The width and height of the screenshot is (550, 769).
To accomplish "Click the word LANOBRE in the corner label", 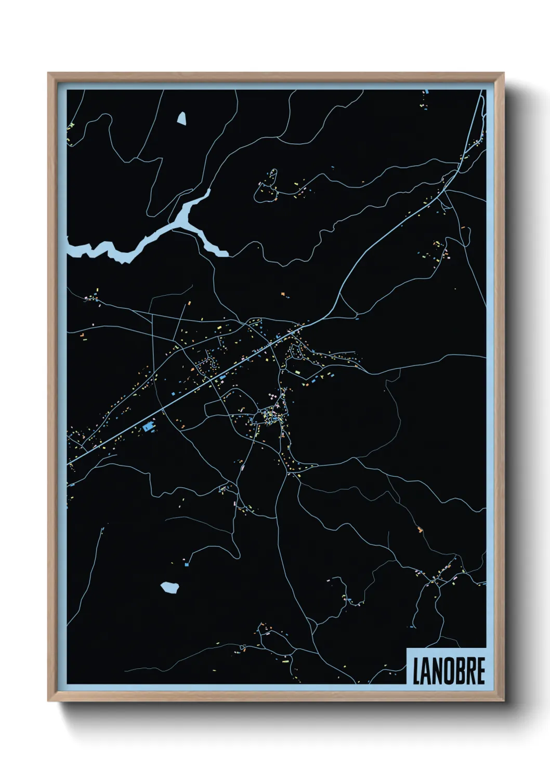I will (449, 671).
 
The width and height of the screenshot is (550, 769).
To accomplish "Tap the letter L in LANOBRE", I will (416, 671).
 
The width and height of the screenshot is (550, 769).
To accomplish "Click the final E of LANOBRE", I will (480, 671).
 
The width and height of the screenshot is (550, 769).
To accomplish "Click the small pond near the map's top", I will (181, 118).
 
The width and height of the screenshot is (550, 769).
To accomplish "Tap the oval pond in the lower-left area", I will (169, 588).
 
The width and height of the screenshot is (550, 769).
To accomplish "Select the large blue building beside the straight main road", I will (148, 427).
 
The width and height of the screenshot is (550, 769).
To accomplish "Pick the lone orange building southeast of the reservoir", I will (283, 294).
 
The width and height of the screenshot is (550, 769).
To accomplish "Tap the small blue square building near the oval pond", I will (187, 563).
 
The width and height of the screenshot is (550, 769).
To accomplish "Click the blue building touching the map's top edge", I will (427, 92).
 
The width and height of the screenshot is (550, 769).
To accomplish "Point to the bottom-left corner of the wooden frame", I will (49, 700).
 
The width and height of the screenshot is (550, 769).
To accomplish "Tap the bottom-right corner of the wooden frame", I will (503, 700).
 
